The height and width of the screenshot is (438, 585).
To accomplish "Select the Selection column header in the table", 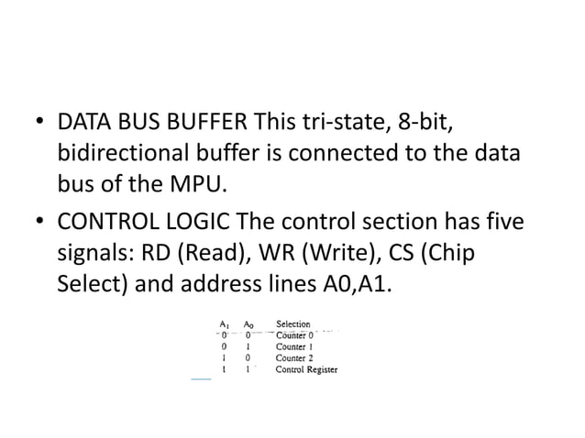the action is [x=293, y=324].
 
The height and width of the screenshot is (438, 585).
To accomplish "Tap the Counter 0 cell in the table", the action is [x=295, y=335].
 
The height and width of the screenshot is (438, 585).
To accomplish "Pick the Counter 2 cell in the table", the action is [x=295, y=358].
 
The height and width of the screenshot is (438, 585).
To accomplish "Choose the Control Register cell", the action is [x=307, y=370].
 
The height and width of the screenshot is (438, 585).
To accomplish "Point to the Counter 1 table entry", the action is [x=295, y=347].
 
